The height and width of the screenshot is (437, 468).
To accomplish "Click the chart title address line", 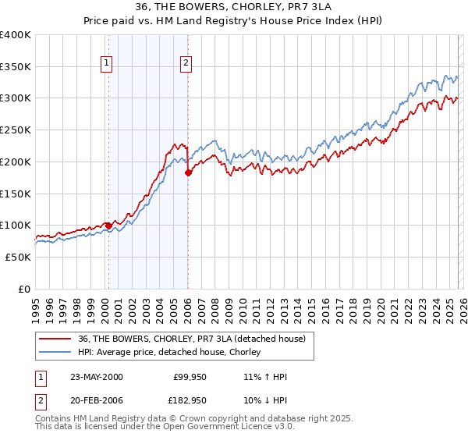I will pos(233,7).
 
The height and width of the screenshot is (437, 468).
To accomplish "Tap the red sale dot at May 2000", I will pos(108,226).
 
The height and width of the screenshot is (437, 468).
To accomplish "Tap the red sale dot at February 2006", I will pos(188,173).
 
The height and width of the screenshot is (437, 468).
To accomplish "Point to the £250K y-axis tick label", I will pos(16,130).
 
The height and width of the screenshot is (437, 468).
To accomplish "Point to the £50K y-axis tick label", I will pos(18,257).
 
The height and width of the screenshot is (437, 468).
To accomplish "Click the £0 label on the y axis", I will pos(23,289).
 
